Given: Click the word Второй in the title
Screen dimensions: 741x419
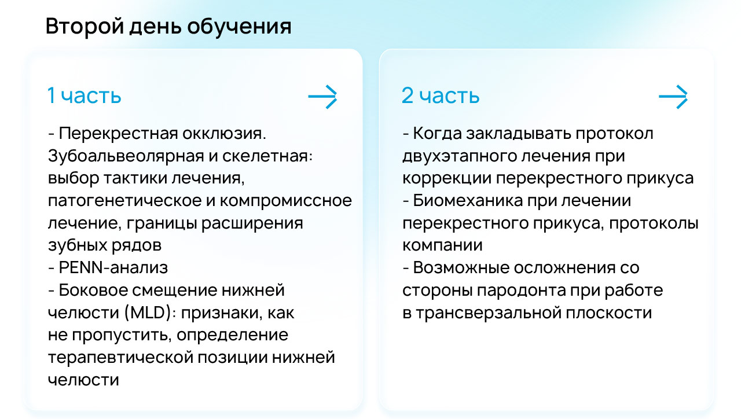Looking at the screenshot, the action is tap(85, 27).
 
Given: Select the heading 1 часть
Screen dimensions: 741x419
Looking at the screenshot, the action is tap(85, 95).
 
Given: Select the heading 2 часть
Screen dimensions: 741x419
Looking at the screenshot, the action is tap(441, 95).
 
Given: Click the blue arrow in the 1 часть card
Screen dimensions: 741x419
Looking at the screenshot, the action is tap(322, 97).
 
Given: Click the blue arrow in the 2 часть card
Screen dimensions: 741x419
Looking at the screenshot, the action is tap(673, 97).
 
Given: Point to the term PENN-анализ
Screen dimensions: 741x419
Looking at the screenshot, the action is tap(113, 267).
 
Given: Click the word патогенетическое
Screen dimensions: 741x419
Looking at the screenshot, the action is tap(124, 201).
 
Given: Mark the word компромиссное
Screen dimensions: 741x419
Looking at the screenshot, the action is tap(286, 201).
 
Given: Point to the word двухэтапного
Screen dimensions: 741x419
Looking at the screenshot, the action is tap(458, 156).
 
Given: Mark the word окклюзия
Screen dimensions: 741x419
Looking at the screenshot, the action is tap(224, 134).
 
